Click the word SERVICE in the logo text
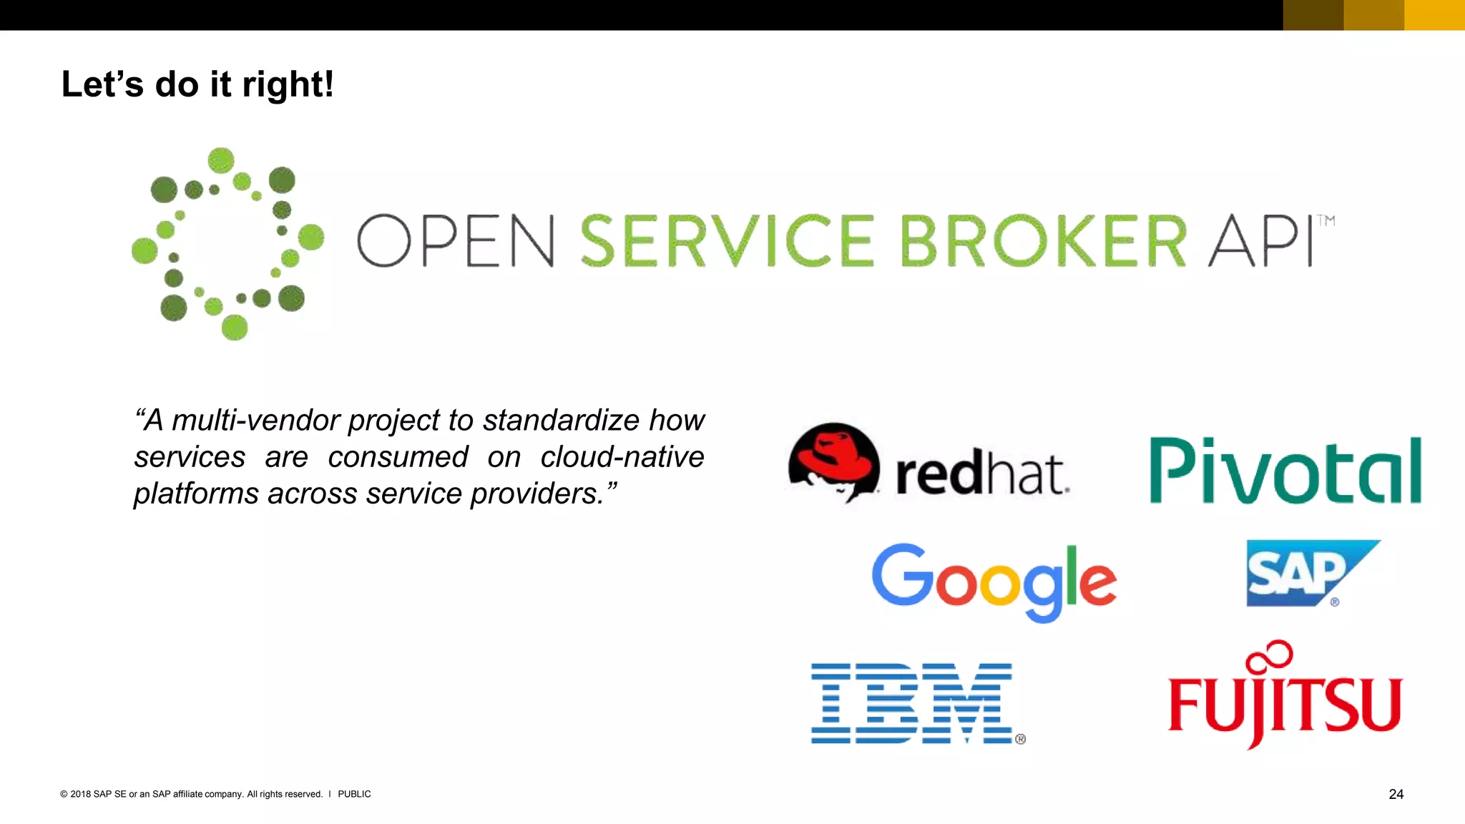(x=726, y=241)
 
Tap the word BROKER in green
(x=1042, y=241)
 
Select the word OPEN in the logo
(x=456, y=241)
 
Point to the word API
(x=1260, y=241)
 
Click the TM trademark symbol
(x=1326, y=221)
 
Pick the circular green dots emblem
(x=227, y=243)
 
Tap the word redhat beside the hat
(x=981, y=474)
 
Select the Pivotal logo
(x=1285, y=471)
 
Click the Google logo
(x=994, y=581)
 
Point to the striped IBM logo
(x=913, y=703)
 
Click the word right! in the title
(x=288, y=84)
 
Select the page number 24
(x=1396, y=794)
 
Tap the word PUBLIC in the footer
(x=354, y=794)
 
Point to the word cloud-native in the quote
(x=622, y=457)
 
